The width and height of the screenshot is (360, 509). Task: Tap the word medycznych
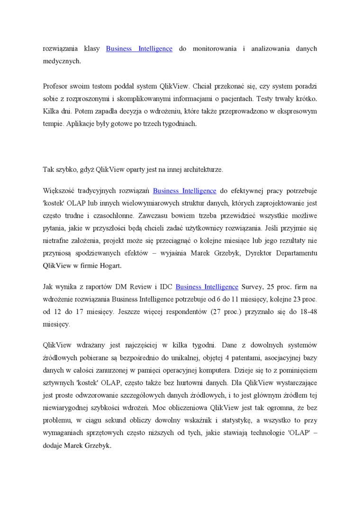click(62, 61)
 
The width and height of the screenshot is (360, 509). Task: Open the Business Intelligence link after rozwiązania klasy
click(139, 48)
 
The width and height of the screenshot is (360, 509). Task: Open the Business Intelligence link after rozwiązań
click(185, 191)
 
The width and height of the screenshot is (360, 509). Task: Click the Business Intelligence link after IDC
click(207, 286)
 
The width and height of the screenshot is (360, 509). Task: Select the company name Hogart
click(110, 266)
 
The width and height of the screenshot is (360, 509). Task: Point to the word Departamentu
click(295, 253)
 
